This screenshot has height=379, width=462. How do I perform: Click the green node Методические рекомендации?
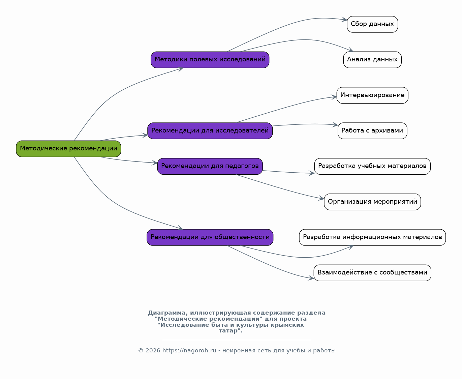(68, 149)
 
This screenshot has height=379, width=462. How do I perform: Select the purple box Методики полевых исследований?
(210, 60)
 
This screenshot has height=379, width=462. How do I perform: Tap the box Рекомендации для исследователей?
(210, 130)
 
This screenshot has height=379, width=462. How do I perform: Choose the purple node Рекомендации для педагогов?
(210, 166)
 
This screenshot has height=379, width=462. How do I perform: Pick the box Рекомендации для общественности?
(210, 237)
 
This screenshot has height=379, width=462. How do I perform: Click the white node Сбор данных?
(372, 24)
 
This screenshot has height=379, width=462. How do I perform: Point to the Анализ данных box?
(372, 60)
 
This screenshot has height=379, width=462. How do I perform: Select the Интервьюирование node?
(372, 95)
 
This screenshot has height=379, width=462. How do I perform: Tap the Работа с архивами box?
(372, 130)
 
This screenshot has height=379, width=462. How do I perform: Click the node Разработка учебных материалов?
(372, 166)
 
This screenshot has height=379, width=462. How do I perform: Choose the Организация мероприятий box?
(372, 202)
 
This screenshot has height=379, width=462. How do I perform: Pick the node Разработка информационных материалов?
(372, 237)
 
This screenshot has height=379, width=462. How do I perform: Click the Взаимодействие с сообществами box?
(372, 273)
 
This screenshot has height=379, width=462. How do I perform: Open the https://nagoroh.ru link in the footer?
(189, 350)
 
